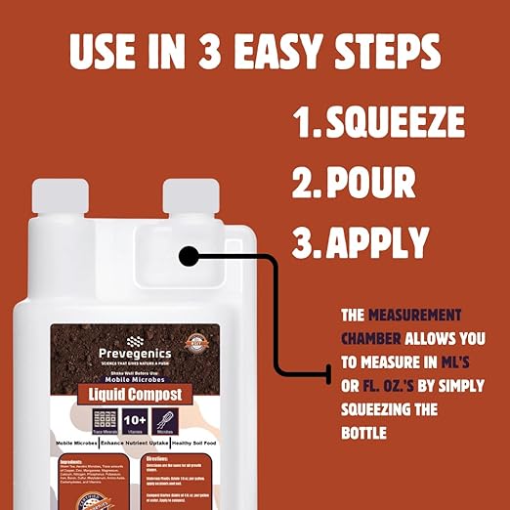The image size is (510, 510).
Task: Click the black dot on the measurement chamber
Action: tap(189, 257)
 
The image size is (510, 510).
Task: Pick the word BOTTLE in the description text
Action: tap(365, 431)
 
